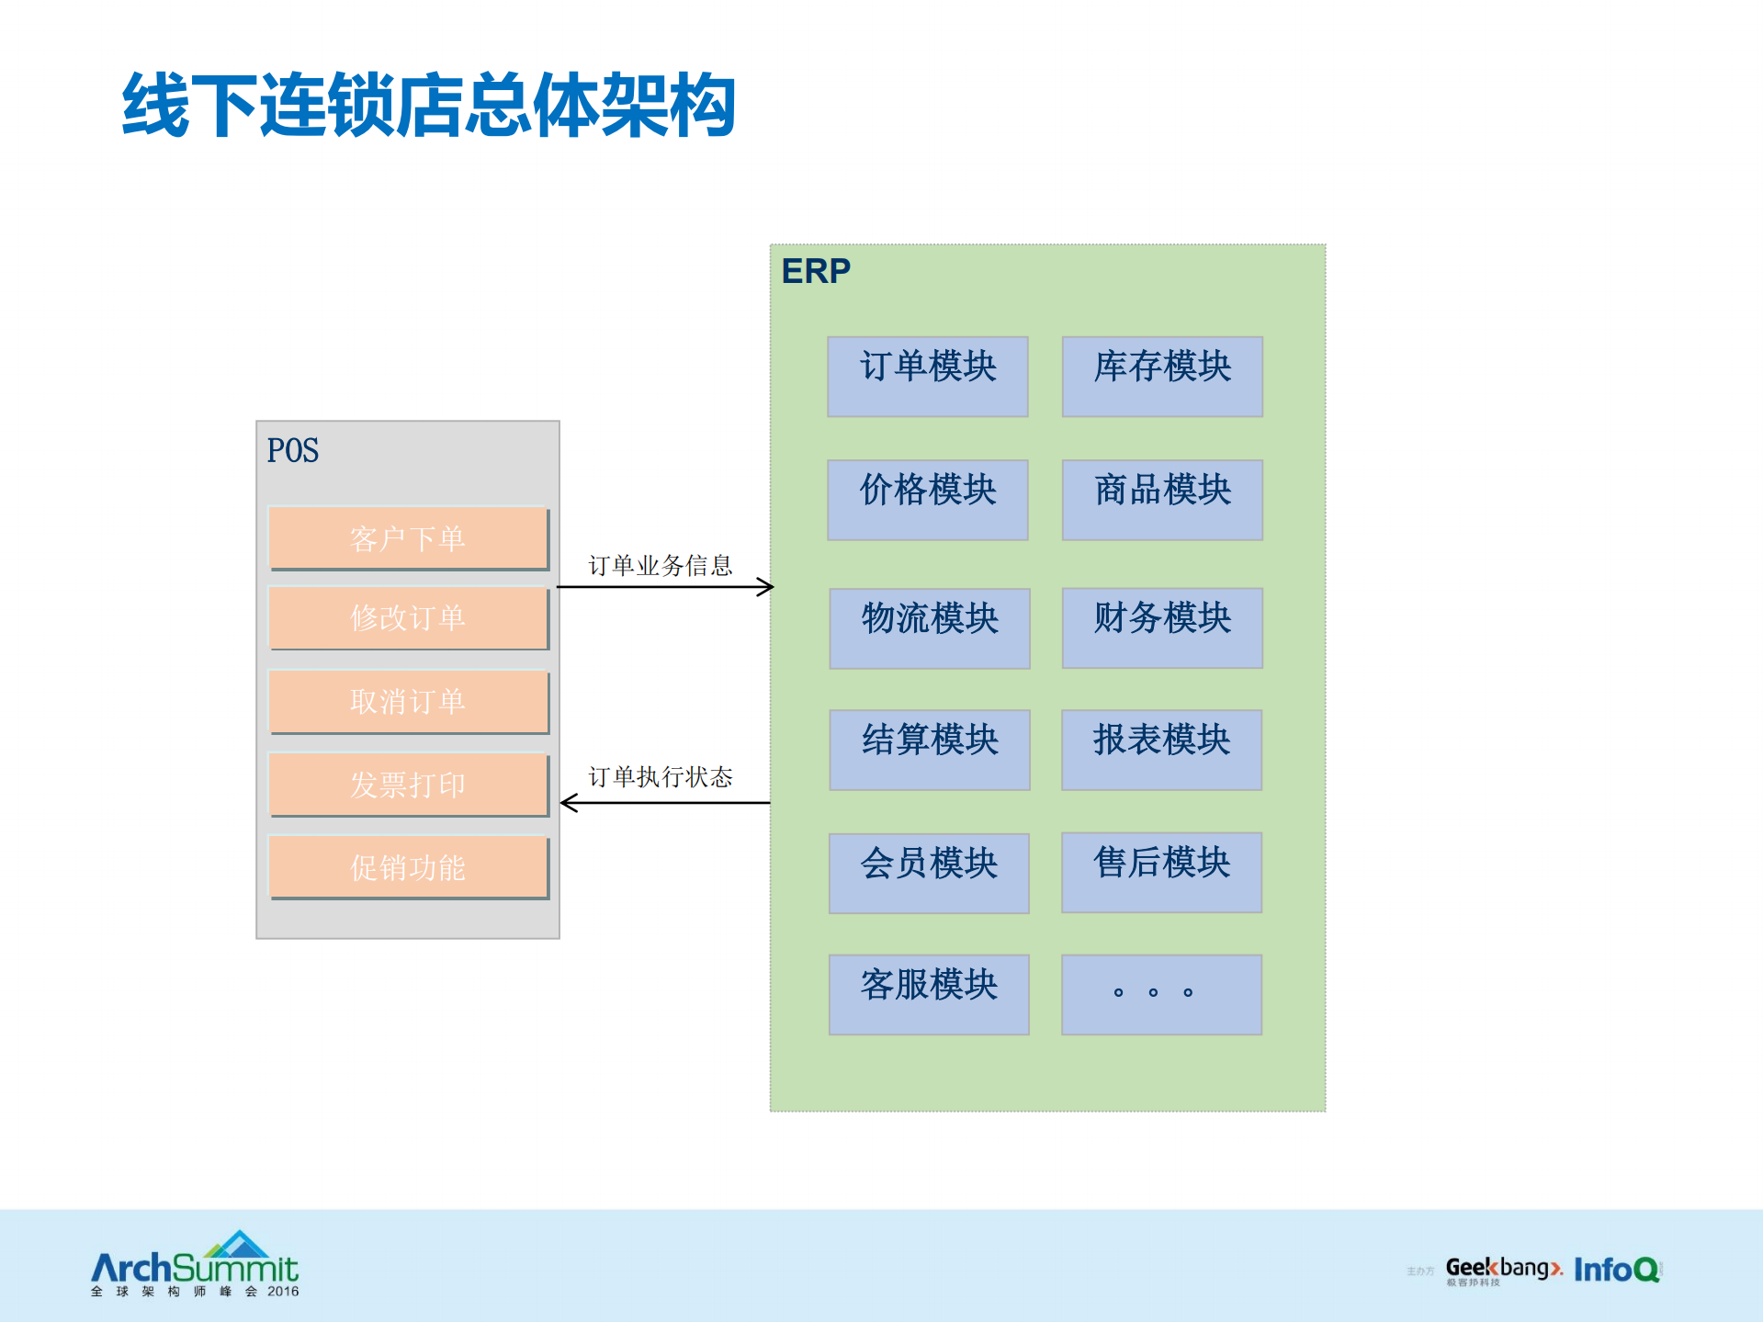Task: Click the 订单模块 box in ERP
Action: [927, 376]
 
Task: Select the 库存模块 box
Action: [1162, 376]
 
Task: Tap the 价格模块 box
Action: [927, 499]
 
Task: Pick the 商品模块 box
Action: [1162, 499]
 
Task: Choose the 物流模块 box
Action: [929, 627]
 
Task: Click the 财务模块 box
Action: [1162, 627]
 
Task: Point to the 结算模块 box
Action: [929, 749]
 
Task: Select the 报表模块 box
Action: [1161, 749]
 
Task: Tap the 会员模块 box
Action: [928, 873]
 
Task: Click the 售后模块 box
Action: [1161, 872]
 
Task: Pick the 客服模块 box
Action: [928, 994]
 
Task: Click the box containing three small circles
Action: [1161, 994]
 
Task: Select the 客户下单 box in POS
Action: [408, 537]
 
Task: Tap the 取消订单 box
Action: [408, 701]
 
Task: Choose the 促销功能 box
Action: [408, 866]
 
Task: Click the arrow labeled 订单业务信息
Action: [665, 586]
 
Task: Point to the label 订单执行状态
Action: [660, 777]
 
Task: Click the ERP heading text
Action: [816, 271]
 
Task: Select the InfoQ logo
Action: [1617, 1269]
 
